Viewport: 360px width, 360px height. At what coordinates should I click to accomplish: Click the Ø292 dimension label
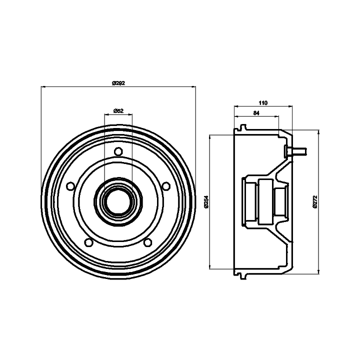[118, 83]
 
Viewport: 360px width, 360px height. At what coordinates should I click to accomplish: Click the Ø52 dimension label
[118, 110]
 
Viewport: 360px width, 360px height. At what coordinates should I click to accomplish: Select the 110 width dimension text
[263, 103]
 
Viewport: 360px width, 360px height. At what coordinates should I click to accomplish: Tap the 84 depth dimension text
[256, 113]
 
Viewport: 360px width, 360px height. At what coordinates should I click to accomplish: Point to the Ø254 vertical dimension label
[206, 202]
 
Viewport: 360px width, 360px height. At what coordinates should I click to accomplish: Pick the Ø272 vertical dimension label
[315, 202]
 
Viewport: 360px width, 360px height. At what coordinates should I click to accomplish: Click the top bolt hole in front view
[118, 151]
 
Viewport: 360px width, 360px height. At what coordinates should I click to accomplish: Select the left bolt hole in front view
[70, 186]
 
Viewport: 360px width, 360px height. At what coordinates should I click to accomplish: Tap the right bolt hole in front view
[166, 186]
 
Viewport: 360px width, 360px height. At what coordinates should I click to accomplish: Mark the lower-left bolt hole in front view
[88, 242]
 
